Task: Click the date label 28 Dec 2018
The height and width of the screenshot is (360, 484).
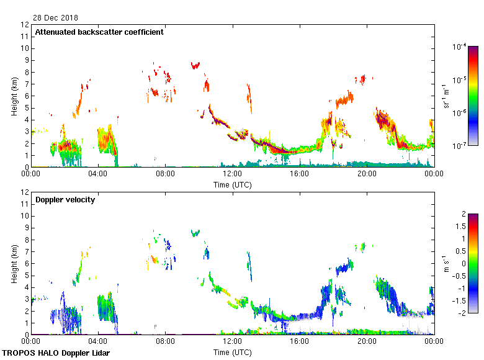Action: [56, 18]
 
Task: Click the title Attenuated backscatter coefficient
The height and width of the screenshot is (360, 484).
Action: [99, 32]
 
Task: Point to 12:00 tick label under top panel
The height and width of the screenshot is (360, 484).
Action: [232, 174]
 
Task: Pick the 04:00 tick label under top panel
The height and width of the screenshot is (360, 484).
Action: [98, 174]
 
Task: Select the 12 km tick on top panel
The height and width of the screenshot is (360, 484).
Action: [25, 25]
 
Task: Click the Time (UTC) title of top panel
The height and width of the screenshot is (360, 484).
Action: [232, 184]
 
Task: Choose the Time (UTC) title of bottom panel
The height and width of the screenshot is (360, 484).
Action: [232, 352]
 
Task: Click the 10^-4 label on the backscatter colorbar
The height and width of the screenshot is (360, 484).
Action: [460, 47]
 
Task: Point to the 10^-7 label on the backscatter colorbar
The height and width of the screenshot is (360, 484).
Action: [460, 146]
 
